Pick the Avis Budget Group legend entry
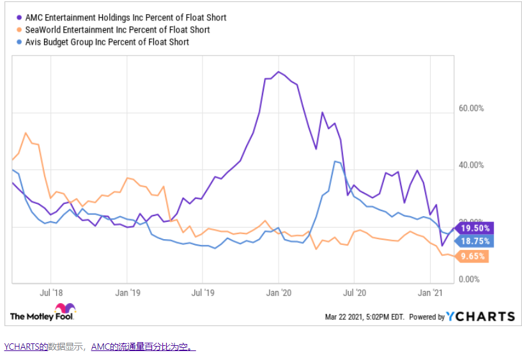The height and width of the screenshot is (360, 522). click(106, 42)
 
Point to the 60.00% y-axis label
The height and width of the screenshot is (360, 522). click(472, 109)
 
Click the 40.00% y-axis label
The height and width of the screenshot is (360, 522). click(472, 166)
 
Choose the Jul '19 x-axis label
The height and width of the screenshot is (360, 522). click(203, 292)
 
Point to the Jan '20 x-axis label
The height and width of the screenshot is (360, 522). click(279, 292)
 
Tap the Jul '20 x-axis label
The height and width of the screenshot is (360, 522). click(355, 292)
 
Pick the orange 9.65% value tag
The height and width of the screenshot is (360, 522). click(473, 256)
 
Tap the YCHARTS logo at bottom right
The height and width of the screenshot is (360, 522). click(480, 317)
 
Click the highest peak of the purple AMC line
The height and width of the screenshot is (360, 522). click(278, 72)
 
